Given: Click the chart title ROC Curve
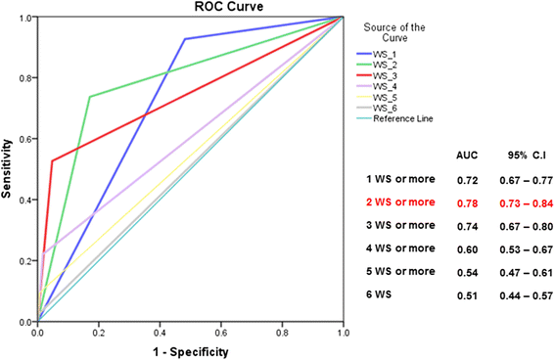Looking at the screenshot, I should point(190,8).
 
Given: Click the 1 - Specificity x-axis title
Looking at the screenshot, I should point(190,350).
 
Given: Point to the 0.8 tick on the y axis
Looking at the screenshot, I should point(27,78).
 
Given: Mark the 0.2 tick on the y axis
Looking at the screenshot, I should point(27,261).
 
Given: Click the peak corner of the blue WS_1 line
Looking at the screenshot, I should point(184,39).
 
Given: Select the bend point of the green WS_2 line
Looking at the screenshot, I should point(90,97).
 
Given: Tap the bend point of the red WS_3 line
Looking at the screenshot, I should point(52,161).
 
